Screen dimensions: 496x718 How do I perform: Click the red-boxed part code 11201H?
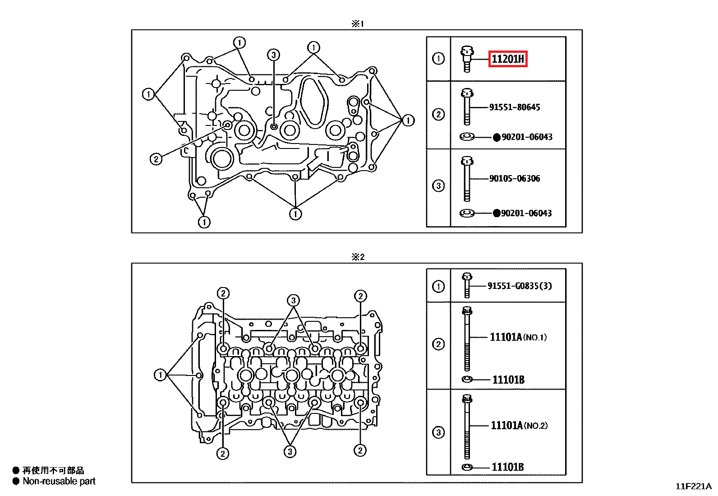[x=508, y=59]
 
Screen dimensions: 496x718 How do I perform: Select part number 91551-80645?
[x=515, y=107]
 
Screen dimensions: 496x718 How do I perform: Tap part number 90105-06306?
[x=515, y=179]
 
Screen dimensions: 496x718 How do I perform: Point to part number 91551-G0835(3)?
[x=520, y=286]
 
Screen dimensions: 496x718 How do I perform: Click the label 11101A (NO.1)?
[x=518, y=337]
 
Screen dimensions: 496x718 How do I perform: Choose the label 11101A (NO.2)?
[x=519, y=426]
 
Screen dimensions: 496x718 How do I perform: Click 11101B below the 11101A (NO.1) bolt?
[x=508, y=380]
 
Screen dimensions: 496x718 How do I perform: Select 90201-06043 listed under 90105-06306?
[x=526, y=213]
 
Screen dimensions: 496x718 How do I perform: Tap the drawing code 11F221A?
[x=693, y=487]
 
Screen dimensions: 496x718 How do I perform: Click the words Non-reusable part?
[x=59, y=482]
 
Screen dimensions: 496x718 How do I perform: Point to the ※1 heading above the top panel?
[x=357, y=23]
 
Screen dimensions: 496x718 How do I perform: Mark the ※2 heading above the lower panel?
[x=358, y=257]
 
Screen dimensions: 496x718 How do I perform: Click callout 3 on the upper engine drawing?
[x=273, y=55]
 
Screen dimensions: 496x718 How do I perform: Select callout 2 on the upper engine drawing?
[x=156, y=159]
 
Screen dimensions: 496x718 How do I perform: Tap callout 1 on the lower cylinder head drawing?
[x=160, y=375]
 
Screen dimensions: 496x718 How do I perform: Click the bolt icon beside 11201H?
[x=467, y=59]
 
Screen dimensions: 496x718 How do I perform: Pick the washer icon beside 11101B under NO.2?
[x=467, y=467]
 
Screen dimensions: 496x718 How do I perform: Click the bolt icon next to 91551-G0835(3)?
[x=467, y=285]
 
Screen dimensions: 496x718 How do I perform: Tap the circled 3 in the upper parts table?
[x=438, y=185]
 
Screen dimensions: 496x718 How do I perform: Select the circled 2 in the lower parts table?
[x=438, y=344]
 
